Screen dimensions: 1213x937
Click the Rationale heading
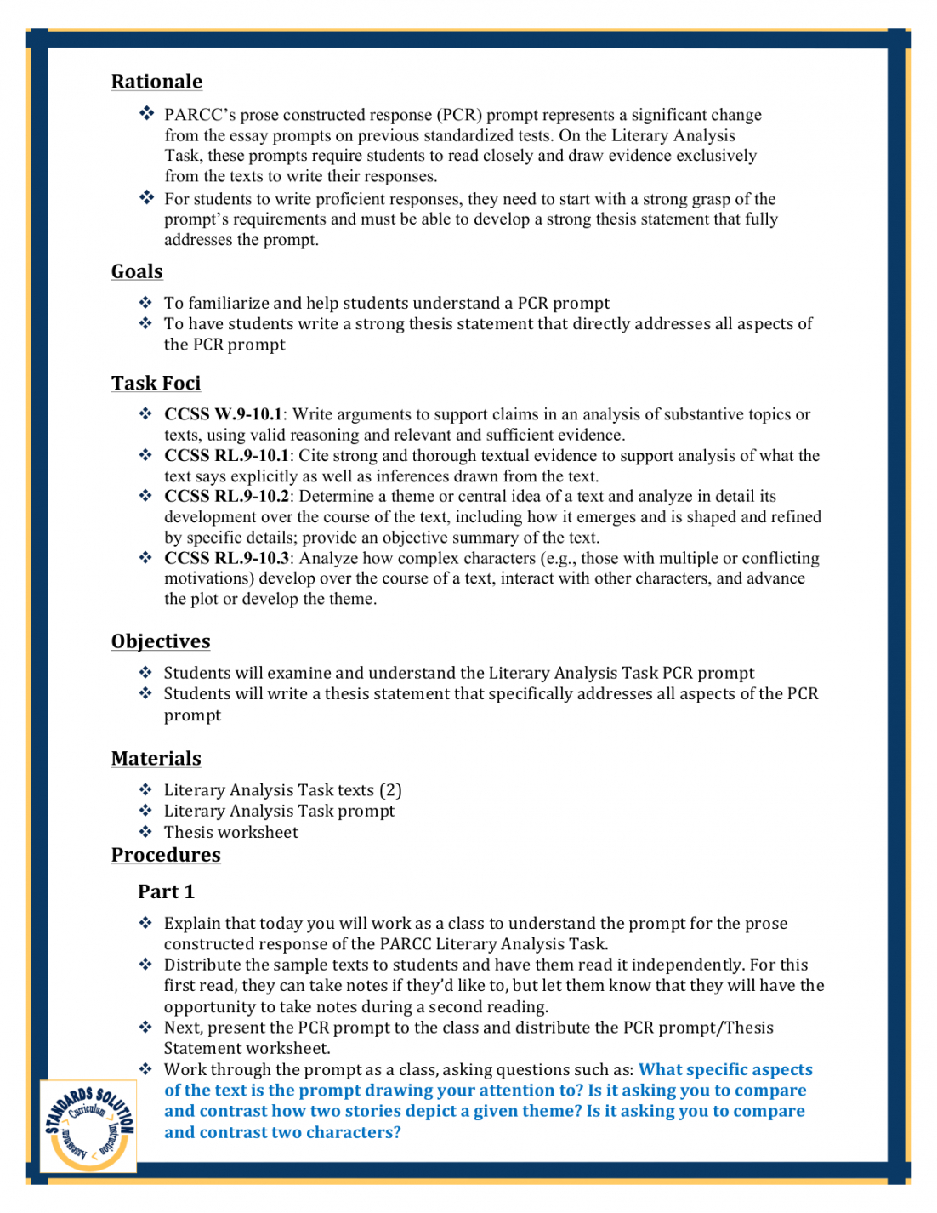156,82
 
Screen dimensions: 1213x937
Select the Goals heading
137,271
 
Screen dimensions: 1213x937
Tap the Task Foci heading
156,384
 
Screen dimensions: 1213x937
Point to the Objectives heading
161,641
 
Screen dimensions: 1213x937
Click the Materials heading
156,759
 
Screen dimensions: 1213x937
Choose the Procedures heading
166,855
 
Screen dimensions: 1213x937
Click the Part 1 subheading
166,891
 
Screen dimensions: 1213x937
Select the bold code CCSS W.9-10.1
223,414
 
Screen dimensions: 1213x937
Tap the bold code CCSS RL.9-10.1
226,455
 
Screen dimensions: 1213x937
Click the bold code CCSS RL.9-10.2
226,496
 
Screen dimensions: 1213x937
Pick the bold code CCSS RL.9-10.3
226,558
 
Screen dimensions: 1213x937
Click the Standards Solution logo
88,1126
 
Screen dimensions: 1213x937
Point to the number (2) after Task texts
390,790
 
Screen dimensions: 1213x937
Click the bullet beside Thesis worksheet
146,832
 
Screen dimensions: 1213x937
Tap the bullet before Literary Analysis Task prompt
146,811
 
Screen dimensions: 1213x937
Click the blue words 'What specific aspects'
725,1069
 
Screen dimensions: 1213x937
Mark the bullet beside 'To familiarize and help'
146,303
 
